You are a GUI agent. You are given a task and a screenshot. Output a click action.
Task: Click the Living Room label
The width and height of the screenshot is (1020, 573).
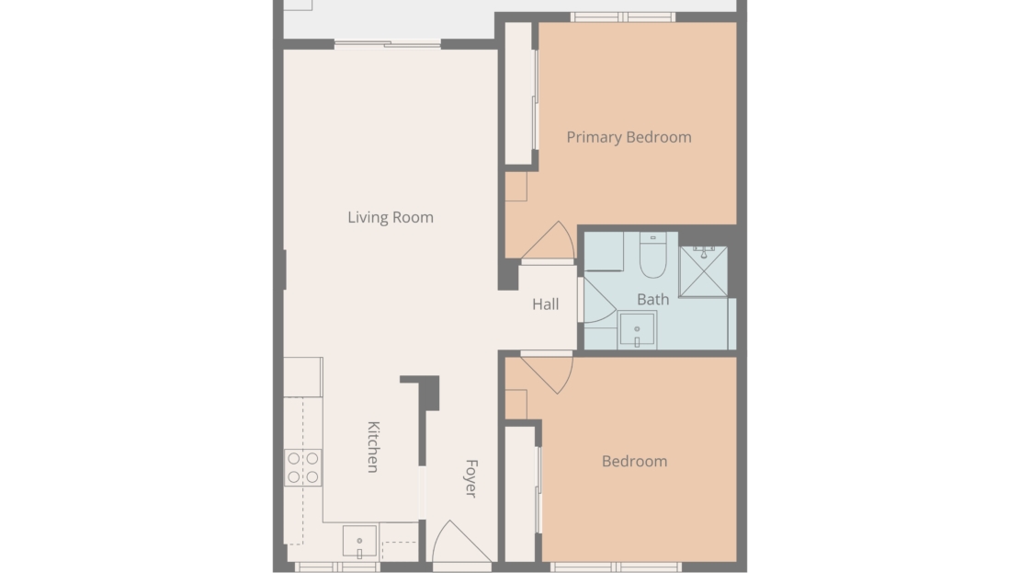[x=391, y=217]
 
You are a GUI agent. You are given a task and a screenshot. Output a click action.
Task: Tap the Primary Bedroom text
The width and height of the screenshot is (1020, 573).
[x=629, y=137]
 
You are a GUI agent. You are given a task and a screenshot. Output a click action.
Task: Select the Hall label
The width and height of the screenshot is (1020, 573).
[x=545, y=304]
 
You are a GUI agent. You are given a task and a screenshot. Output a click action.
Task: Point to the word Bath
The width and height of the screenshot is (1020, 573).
[x=652, y=300]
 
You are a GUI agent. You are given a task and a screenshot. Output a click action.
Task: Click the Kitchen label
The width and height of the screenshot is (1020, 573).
[x=373, y=447]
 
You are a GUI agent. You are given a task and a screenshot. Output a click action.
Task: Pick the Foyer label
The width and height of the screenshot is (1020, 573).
[x=471, y=478]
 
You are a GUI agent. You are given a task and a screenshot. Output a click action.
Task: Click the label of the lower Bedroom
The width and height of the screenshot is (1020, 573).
[x=634, y=462]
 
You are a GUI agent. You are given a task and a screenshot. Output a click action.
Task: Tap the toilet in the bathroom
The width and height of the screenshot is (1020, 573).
[x=652, y=255]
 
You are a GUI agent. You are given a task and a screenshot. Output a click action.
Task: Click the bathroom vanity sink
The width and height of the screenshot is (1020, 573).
[x=637, y=330]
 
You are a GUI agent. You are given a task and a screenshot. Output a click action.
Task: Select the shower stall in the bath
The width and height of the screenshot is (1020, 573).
[x=703, y=271]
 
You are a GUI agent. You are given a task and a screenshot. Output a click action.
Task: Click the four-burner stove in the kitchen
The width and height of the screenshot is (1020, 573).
[x=303, y=467]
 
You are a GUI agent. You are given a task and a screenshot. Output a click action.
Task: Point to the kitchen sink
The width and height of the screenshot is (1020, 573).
[x=359, y=542]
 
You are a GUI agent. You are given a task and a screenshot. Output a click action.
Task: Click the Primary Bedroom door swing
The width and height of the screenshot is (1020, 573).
[x=549, y=240]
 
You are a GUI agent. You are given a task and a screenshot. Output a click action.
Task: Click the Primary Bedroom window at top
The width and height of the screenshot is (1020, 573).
[x=622, y=17]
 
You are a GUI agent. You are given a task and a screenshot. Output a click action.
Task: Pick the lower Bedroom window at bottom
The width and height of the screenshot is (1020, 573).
[x=616, y=567]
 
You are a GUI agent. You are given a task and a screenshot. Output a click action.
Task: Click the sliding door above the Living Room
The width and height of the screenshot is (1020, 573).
[x=388, y=44]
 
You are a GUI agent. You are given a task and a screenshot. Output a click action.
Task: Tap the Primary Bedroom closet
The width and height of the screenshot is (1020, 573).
[x=519, y=94]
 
